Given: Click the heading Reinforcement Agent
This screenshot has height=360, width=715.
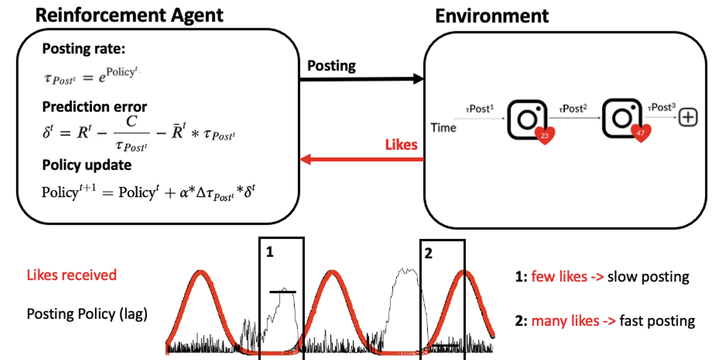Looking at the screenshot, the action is (x=129, y=15).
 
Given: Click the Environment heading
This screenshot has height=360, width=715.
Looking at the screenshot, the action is (x=492, y=16).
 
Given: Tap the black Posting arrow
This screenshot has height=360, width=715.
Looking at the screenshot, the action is (x=362, y=78).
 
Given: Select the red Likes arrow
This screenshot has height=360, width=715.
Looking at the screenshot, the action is (x=362, y=159).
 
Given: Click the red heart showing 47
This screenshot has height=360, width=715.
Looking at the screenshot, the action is (x=641, y=133).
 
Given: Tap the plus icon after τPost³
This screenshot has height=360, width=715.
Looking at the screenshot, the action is (x=688, y=117).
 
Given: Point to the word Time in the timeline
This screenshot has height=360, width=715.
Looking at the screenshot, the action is (x=444, y=127).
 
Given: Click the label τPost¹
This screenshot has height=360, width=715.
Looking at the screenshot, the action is (x=480, y=109).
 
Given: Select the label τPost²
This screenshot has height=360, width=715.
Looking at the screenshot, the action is (x=573, y=109).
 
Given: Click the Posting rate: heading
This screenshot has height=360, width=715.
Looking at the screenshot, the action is (x=84, y=49).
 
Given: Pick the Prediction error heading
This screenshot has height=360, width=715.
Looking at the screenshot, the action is (x=94, y=107).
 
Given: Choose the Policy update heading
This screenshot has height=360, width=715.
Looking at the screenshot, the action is (x=87, y=165).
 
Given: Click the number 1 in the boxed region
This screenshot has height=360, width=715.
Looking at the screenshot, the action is (x=270, y=252).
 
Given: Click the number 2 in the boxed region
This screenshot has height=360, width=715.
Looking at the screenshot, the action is (x=428, y=253).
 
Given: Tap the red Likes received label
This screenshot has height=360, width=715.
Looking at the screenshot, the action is (x=72, y=275).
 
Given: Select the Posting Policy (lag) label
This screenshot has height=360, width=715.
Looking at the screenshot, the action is (x=87, y=314).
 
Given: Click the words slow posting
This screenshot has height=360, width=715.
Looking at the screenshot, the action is (x=648, y=277).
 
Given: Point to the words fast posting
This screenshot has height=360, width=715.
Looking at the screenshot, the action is (x=657, y=321).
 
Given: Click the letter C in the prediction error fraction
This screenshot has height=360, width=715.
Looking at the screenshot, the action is (x=132, y=122).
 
